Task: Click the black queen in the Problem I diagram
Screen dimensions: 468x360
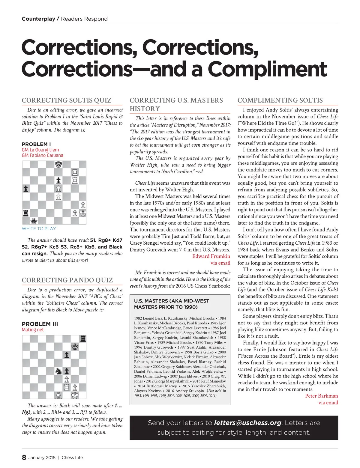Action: (x=34, y=221)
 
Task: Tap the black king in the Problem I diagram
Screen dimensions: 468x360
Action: (x=58, y=164)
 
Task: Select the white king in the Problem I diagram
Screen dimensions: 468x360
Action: (x=83, y=213)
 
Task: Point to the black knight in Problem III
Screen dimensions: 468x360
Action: (x=58, y=371)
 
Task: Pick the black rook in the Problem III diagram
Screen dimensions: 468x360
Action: (x=83, y=339)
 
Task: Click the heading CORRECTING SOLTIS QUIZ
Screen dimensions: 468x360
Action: (x=67, y=100)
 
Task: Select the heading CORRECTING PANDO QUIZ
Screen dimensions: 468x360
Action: (x=67, y=280)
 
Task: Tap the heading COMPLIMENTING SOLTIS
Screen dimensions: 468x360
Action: (x=280, y=100)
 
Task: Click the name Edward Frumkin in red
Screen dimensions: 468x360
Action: (x=211, y=256)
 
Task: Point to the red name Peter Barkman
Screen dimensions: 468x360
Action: (x=321, y=396)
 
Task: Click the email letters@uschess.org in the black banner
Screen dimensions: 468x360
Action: (x=247, y=423)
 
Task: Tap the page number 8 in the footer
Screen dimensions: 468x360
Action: (x=24, y=457)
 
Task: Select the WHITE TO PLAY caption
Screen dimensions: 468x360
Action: (x=39, y=228)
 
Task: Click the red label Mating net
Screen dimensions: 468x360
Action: (x=33, y=330)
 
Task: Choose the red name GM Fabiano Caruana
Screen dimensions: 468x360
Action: (x=42, y=155)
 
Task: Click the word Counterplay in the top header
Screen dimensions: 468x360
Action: (x=38, y=19)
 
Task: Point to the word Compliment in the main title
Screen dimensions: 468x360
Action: (x=267, y=69)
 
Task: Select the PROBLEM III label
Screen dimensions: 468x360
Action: (x=40, y=324)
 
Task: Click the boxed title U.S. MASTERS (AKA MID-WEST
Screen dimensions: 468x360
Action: (x=172, y=301)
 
